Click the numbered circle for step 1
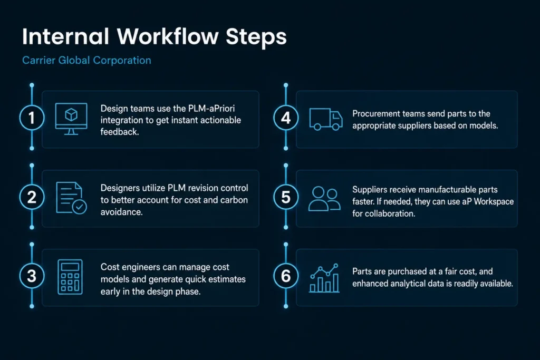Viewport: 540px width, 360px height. [x=32, y=118]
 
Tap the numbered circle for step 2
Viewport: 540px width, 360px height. [x=32, y=197]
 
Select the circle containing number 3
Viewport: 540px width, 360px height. [x=32, y=276]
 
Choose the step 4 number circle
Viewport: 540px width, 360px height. [x=286, y=118]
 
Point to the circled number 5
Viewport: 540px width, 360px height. [x=286, y=197]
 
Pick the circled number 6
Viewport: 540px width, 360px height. [x=286, y=276]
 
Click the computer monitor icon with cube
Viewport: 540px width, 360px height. [x=71, y=119]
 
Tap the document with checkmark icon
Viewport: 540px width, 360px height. [x=71, y=198]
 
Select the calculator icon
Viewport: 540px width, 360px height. [x=70, y=277]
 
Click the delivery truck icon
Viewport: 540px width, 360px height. [x=326, y=119]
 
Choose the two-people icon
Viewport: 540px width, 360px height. [x=324, y=198]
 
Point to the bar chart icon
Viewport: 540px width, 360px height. [x=324, y=278]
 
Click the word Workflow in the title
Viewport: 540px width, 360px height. [x=168, y=36]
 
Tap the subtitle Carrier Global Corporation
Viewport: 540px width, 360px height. [x=86, y=60]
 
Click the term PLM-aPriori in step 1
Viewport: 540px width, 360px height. [x=211, y=109]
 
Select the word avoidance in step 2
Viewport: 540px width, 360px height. [x=122, y=212]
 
